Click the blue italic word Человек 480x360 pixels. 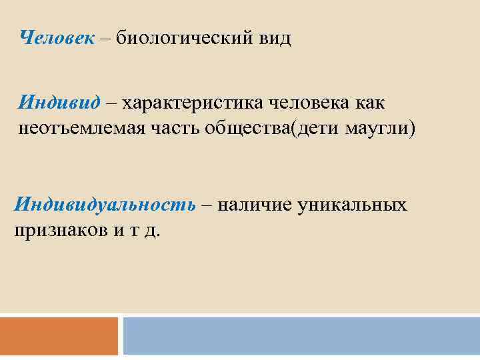pyautogui.click(x=57, y=38)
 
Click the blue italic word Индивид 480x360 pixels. pyautogui.click(x=59, y=103)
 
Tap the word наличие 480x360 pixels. pyautogui.click(x=249, y=204)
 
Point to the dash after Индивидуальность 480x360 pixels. pyautogui.click(x=206, y=205)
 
